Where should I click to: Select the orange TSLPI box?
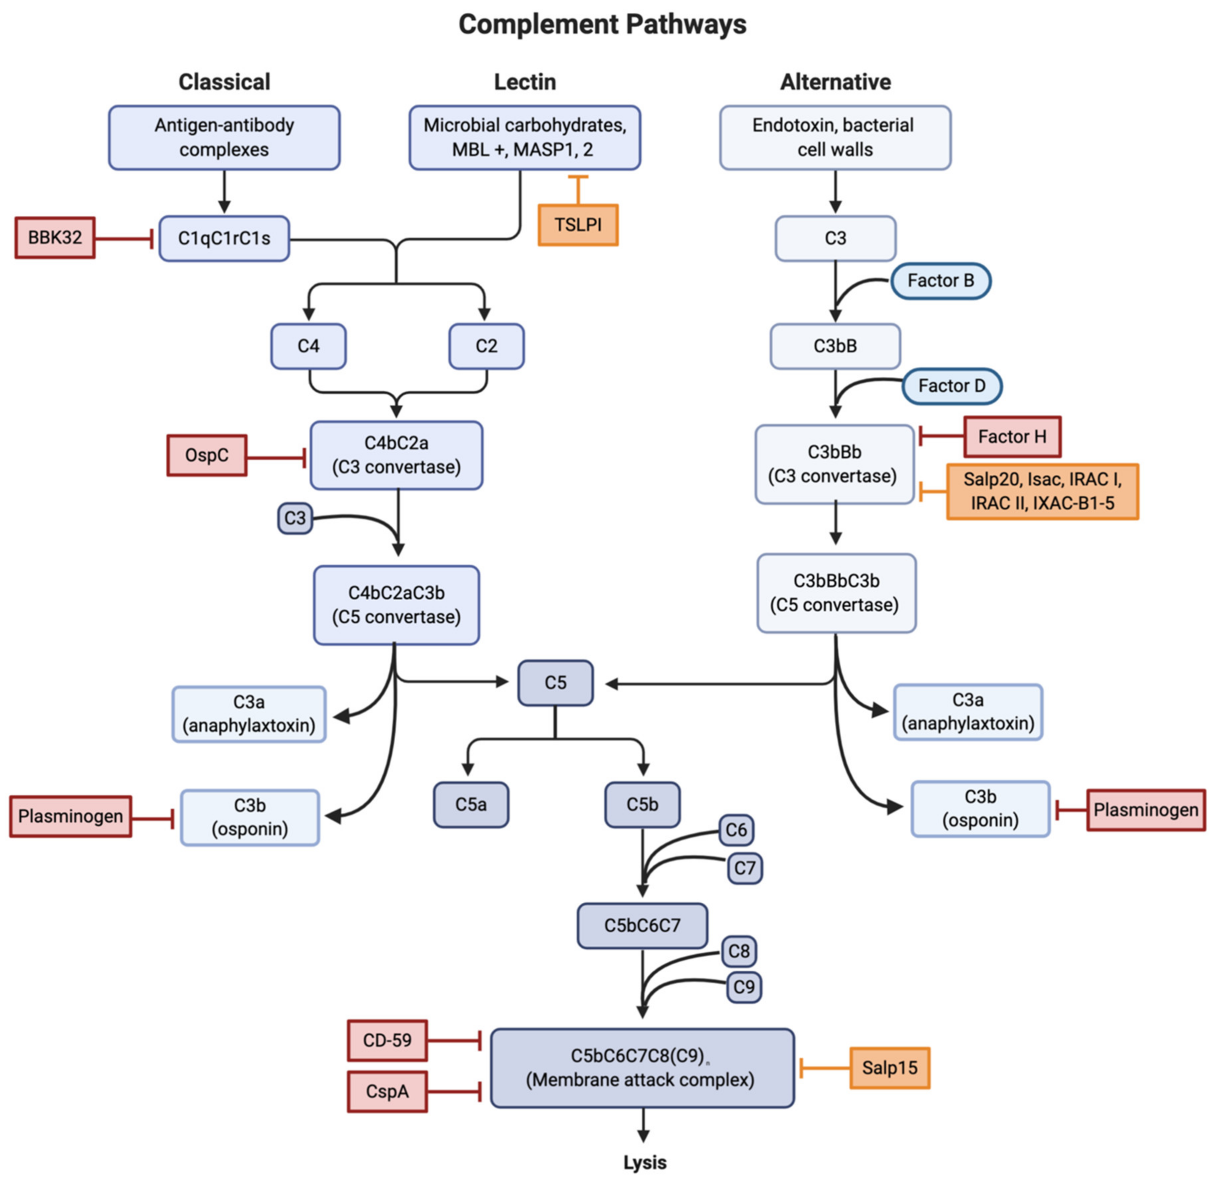pos(578,225)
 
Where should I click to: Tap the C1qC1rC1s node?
pos(224,239)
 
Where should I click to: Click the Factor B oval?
pos(940,281)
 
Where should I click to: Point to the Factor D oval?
pos(952,386)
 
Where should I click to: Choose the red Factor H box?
pos(1012,437)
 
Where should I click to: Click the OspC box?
pos(207,455)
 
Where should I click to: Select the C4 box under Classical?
pos(308,346)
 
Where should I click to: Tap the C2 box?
pos(487,346)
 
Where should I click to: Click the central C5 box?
pos(555,683)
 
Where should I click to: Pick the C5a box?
pos(471,805)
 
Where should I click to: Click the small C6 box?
pos(736,830)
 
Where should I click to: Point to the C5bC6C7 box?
pos(642,926)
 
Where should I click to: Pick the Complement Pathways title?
pos(602,25)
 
